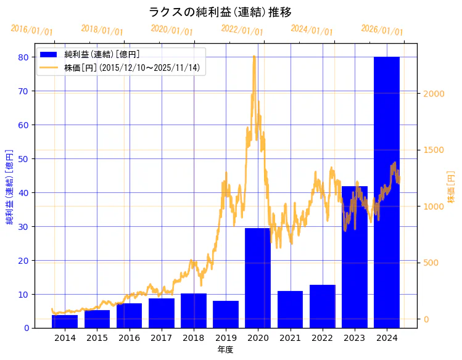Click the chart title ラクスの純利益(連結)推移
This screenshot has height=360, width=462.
[x=220, y=12]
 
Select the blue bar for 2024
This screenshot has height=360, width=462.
[x=387, y=192]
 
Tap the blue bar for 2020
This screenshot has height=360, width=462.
[x=258, y=277]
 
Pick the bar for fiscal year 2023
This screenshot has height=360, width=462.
[x=355, y=256]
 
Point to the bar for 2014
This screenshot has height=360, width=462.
[x=65, y=321]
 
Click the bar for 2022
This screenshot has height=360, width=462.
[x=323, y=306]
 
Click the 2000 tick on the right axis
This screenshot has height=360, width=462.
[x=433, y=94]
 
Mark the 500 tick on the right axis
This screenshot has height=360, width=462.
[x=431, y=263]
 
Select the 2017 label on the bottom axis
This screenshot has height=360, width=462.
[x=161, y=338]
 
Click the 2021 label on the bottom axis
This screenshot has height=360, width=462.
[x=290, y=338]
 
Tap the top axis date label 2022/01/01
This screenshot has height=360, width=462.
[x=242, y=30]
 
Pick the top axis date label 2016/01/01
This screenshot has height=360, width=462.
[x=32, y=30]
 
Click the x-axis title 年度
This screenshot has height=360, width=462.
[x=225, y=350]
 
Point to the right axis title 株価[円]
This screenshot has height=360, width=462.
[x=451, y=187]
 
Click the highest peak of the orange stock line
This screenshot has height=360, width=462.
[x=254, y=56]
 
